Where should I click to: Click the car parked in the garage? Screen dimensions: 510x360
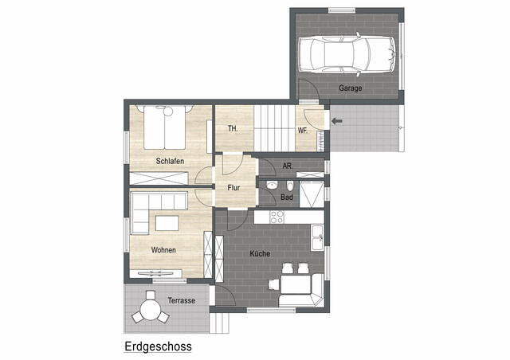tap(347, 54)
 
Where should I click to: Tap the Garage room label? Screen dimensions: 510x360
tap(351, 88)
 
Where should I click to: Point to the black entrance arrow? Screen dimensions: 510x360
tap(337, 121)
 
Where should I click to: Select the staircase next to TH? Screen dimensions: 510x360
tap(274, 128)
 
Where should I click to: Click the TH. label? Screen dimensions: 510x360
tap(233, 129)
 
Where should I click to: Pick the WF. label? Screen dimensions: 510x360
tap(303, 131)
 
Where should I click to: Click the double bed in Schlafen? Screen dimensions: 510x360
tap(165, 127)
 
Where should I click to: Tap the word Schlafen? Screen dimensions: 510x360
tap(170, 161)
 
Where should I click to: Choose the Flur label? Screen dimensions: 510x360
tap(233, 188)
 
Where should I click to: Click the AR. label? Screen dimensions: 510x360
tap(288, 166)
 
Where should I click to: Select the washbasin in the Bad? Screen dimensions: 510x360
tap(271, 186)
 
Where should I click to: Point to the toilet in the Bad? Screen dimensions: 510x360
tap(290, 186)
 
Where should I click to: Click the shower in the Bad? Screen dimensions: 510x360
tap(312, 194)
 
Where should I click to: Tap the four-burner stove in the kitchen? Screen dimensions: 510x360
tap(277, 217)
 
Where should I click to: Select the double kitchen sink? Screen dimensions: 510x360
tap(317, 237)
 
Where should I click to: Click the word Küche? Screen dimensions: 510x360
tap(260, 253)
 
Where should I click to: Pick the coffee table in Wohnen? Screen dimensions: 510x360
tap(167, 224)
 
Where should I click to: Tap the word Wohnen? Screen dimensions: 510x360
tap(163, 250)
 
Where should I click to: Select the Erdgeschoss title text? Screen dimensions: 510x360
tap(158, 346)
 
